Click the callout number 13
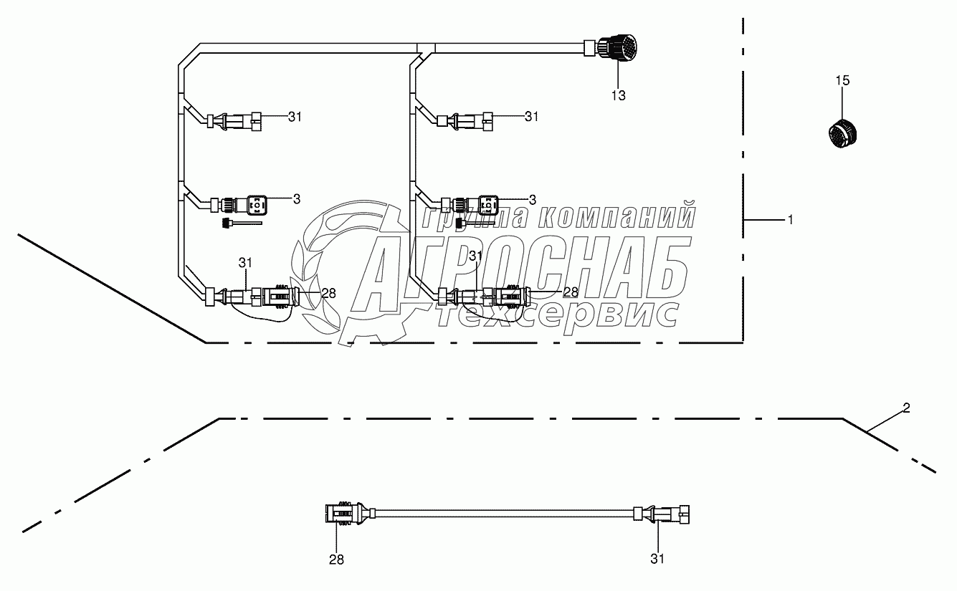618,96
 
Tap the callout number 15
842,80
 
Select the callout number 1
791,220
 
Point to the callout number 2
906,408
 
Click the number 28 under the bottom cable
336,559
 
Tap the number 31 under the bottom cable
657,559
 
